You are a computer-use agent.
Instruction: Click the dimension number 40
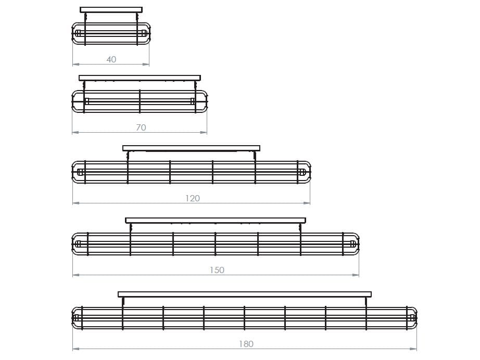pos(111,59)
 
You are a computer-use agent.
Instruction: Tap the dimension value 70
pos(141,127)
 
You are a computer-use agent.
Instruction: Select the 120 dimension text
pos(192,198)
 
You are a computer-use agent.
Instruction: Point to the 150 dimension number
pos(217,270)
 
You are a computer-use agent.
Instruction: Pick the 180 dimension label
pos(246,344)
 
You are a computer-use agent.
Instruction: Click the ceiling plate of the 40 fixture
pos(111,10)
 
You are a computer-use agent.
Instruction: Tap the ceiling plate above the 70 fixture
pos(140,78)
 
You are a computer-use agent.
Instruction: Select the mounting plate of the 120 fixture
pos(192,148)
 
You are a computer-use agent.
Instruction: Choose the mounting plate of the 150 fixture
pos(216,221)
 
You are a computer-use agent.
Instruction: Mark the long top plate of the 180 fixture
pos(245,294)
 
